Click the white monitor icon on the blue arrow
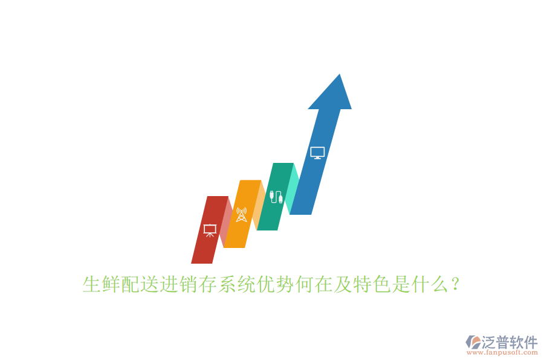pos(317,153)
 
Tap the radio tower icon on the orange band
pos(241,214)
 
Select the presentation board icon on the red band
pos(210,230)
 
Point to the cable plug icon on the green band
pos(276,197)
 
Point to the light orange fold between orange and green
pos(259,205)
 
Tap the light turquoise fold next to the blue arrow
pos(293,187)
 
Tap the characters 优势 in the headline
pos(276,284)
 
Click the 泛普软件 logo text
pos(510,342)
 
